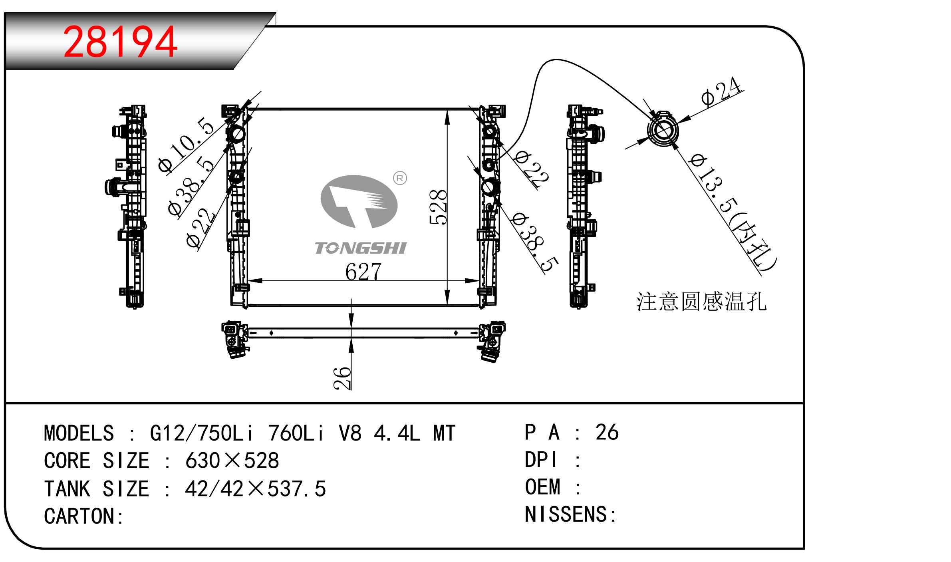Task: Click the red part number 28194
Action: coord(120,42)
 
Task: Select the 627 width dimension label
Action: coord(363,272)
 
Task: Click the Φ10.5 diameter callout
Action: coord(186,145)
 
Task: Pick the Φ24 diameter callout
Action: coord(721,93)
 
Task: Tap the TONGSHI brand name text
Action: coord(360,248)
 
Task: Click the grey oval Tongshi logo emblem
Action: coord(359,201)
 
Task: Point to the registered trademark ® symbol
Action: coord(400,178)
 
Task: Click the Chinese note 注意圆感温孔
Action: coord(701,302)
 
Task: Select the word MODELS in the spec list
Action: coord(79,433)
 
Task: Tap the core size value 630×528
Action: coord(232,461)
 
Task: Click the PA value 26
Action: coord(607,433)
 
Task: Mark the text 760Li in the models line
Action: coord(296,433)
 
